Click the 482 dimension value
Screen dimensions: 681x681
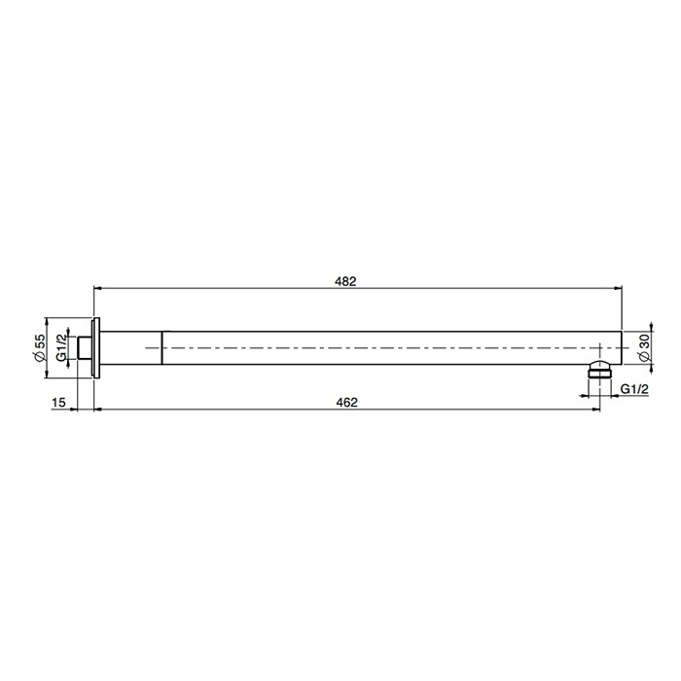(345, 281)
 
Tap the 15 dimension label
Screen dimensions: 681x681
(59, 402)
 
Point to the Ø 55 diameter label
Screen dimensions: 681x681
(40, 347)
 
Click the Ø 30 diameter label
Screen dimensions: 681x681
(643, 348)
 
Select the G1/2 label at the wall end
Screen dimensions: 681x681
(61, 347)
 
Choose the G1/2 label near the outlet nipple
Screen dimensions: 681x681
(634, 389)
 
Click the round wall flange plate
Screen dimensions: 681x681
(95, 347)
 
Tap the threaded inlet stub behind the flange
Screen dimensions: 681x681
(86, 347)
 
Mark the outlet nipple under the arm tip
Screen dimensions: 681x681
(601, 371)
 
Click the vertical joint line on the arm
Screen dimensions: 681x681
(161, 347)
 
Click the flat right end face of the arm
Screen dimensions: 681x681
(621, 347)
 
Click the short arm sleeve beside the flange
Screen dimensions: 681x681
(130, 347)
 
